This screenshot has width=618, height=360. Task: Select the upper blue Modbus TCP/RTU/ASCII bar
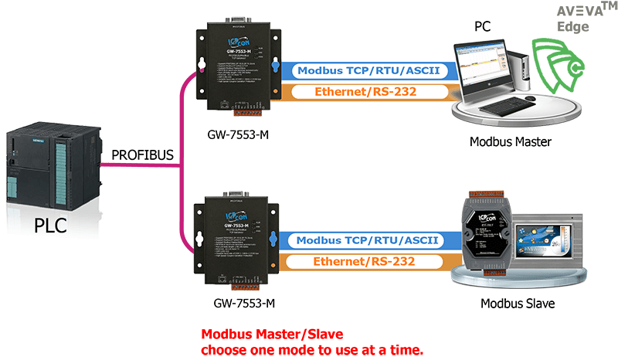(363, 72)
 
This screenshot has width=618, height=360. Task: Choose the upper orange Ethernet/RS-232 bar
(363, 92)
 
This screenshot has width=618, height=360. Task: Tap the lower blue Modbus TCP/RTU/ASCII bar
(363, 241)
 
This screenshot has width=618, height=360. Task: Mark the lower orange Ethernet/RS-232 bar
(363, 261)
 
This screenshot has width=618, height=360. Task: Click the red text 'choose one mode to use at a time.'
(313, 350)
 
